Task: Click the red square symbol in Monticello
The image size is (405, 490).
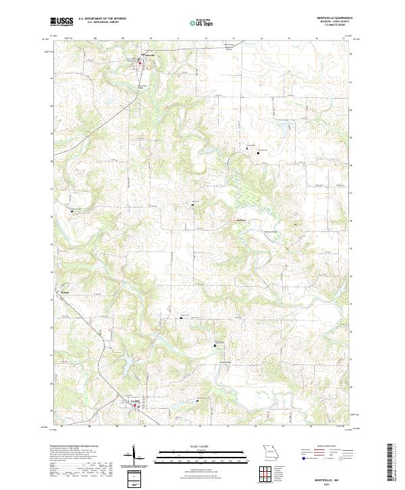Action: (x=140, y=64)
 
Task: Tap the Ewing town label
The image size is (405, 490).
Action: (x=134, y=401)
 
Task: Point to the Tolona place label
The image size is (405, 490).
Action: (x=65, y=292)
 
